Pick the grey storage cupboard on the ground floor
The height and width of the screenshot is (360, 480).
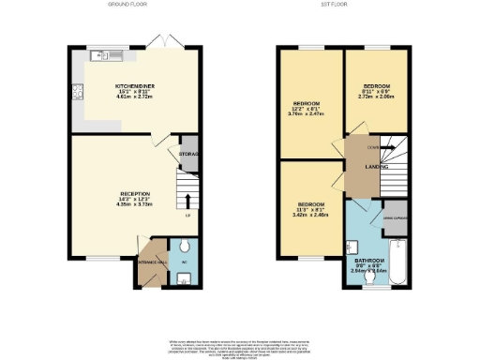point(187,158)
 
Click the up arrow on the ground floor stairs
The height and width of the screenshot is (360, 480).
point(188,200)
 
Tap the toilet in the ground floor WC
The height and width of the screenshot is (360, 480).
point(185,277)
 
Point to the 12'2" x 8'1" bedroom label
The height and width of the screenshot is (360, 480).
point(307,109)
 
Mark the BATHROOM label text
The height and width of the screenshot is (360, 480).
point(366,265)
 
